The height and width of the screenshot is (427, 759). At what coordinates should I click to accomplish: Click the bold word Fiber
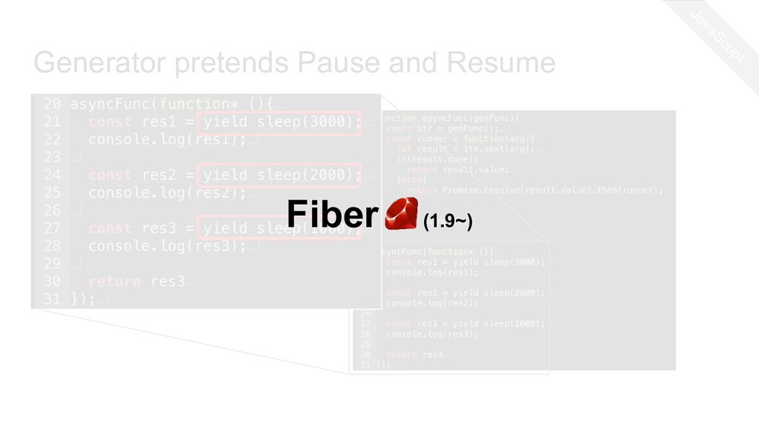332,216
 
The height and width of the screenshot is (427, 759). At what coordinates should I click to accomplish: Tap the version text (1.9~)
448,220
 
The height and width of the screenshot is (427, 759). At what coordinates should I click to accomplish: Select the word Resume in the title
507,64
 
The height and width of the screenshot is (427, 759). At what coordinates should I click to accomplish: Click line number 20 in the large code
52,105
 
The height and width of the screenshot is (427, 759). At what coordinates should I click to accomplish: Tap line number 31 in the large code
52,299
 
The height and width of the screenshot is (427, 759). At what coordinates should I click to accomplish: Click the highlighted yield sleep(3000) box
282,122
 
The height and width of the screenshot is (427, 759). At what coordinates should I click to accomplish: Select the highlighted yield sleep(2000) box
282,176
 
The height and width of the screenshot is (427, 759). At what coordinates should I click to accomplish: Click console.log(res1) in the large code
167,140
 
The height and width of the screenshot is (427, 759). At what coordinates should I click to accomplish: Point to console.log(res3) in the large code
167,246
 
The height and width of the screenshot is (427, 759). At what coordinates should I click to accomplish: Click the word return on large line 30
114,282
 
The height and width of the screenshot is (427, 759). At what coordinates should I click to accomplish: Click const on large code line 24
110,176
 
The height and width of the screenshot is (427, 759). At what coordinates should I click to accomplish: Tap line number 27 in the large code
52,228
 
